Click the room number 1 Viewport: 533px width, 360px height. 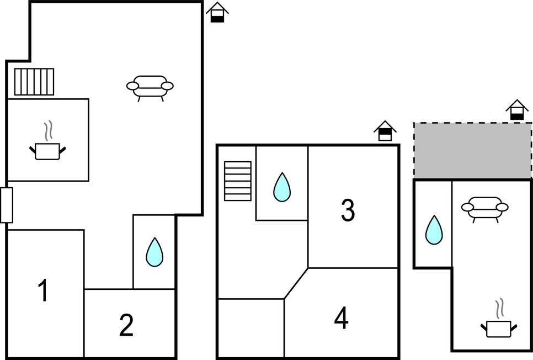[44, 290]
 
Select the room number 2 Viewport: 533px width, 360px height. [126, 325]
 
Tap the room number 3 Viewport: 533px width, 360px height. [348, 210]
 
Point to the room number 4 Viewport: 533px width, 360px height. [342, 318]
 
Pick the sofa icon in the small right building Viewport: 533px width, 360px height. [485, 209]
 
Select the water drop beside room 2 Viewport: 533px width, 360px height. [154, 252]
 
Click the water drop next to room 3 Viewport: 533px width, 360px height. [282, 188]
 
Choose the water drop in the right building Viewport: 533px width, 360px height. [434, 230]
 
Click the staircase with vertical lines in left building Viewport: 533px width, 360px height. [34, 82]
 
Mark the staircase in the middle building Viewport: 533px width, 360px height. [238, 181]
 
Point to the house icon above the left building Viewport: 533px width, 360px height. [217, 12]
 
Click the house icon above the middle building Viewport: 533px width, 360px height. [385, 131]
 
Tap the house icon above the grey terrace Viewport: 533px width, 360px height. [517, 109]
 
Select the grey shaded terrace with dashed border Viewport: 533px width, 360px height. [473, 150]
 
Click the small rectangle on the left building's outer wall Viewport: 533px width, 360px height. [7, 205]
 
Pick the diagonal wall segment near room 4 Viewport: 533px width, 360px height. [296, 283]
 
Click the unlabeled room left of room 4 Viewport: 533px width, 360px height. [251, 328]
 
